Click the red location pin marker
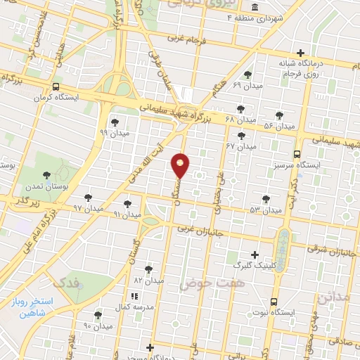coord(181,165)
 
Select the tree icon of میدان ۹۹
coord(115,122)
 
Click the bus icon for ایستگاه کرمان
coord(55,87)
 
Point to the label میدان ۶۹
coord(247,84)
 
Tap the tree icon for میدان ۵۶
coord(279,115)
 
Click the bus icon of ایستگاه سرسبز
coord(297,153)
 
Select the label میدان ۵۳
coord(265,210)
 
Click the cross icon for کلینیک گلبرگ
coord(255,255)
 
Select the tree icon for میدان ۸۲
coord(148,269)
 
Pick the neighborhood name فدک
coord(67,283)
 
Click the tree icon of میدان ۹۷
coord(88,198)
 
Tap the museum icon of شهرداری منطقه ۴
coord(253,8)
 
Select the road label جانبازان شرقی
coord(331,250)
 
